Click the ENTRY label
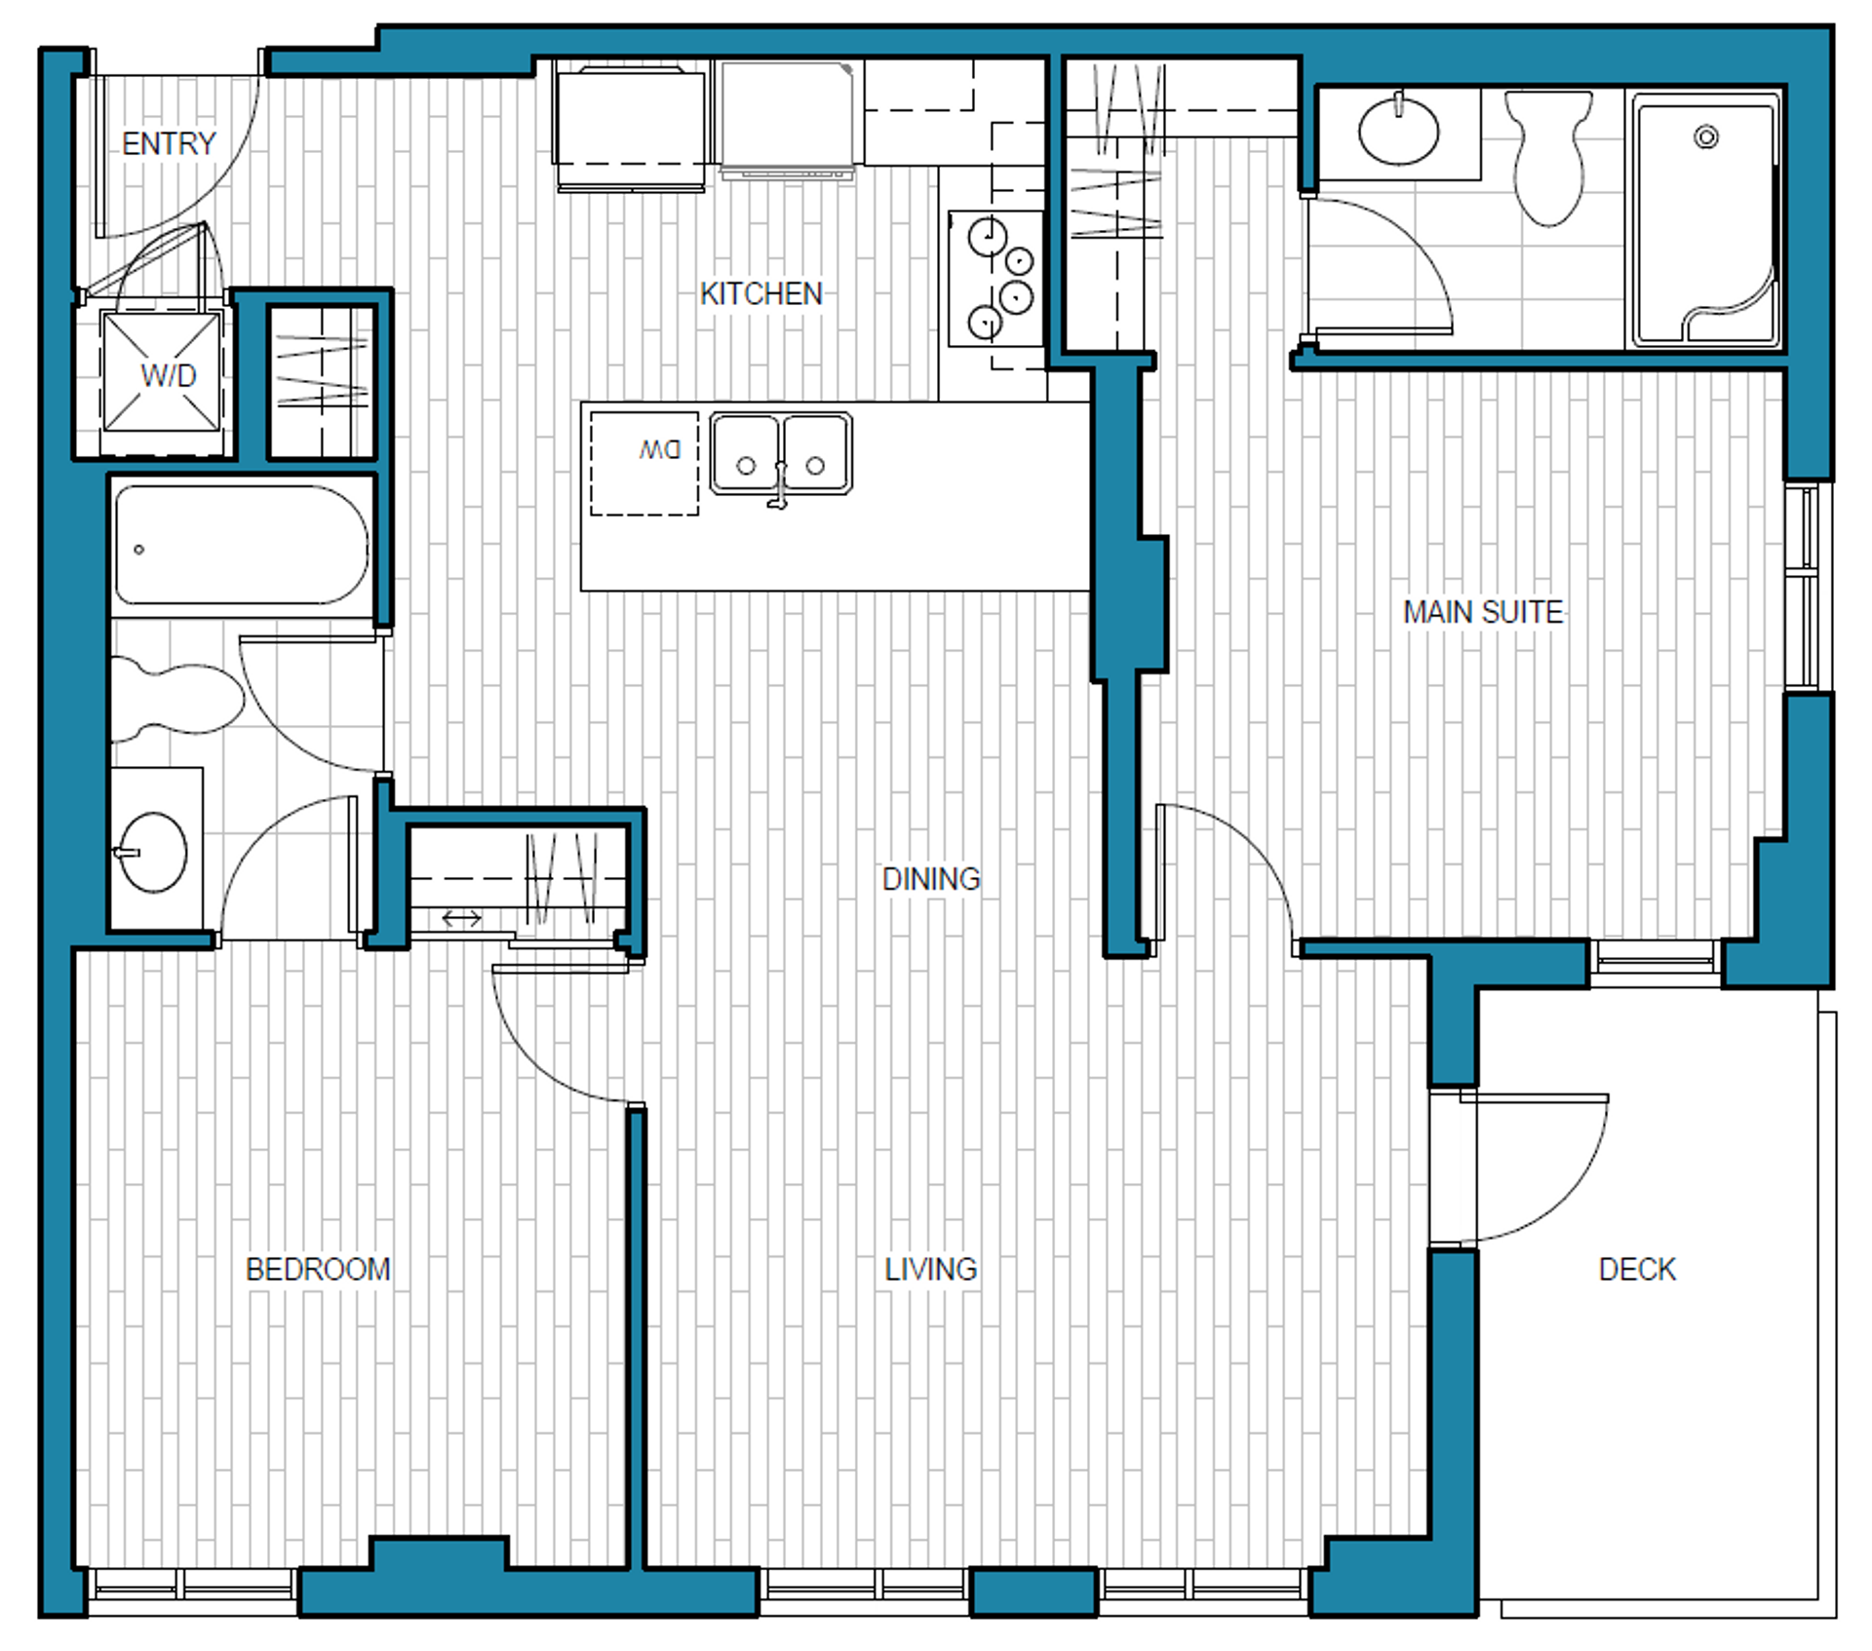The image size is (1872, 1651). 169,143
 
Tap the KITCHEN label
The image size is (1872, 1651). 760,293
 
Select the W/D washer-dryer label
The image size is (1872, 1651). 168,375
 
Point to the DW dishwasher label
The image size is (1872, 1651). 660,450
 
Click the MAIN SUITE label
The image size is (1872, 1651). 1482,612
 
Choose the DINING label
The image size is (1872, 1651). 930,879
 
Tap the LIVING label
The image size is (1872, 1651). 930,1269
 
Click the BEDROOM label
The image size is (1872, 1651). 318,1269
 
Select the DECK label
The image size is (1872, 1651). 1637,1269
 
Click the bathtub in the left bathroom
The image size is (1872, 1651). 241,545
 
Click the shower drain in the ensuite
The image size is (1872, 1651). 1706,136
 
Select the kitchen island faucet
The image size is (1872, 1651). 779,484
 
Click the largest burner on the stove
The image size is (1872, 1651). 987,236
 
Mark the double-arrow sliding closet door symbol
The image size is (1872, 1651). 461,918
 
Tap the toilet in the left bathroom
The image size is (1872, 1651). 176,699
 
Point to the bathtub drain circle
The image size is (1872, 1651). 139,550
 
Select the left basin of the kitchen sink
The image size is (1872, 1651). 746,453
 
